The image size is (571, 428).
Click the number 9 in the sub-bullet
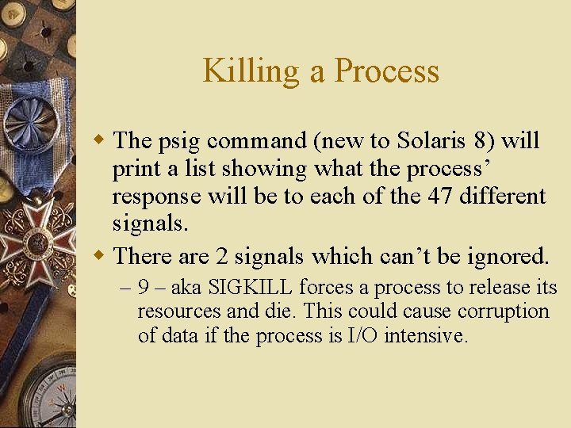143,288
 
